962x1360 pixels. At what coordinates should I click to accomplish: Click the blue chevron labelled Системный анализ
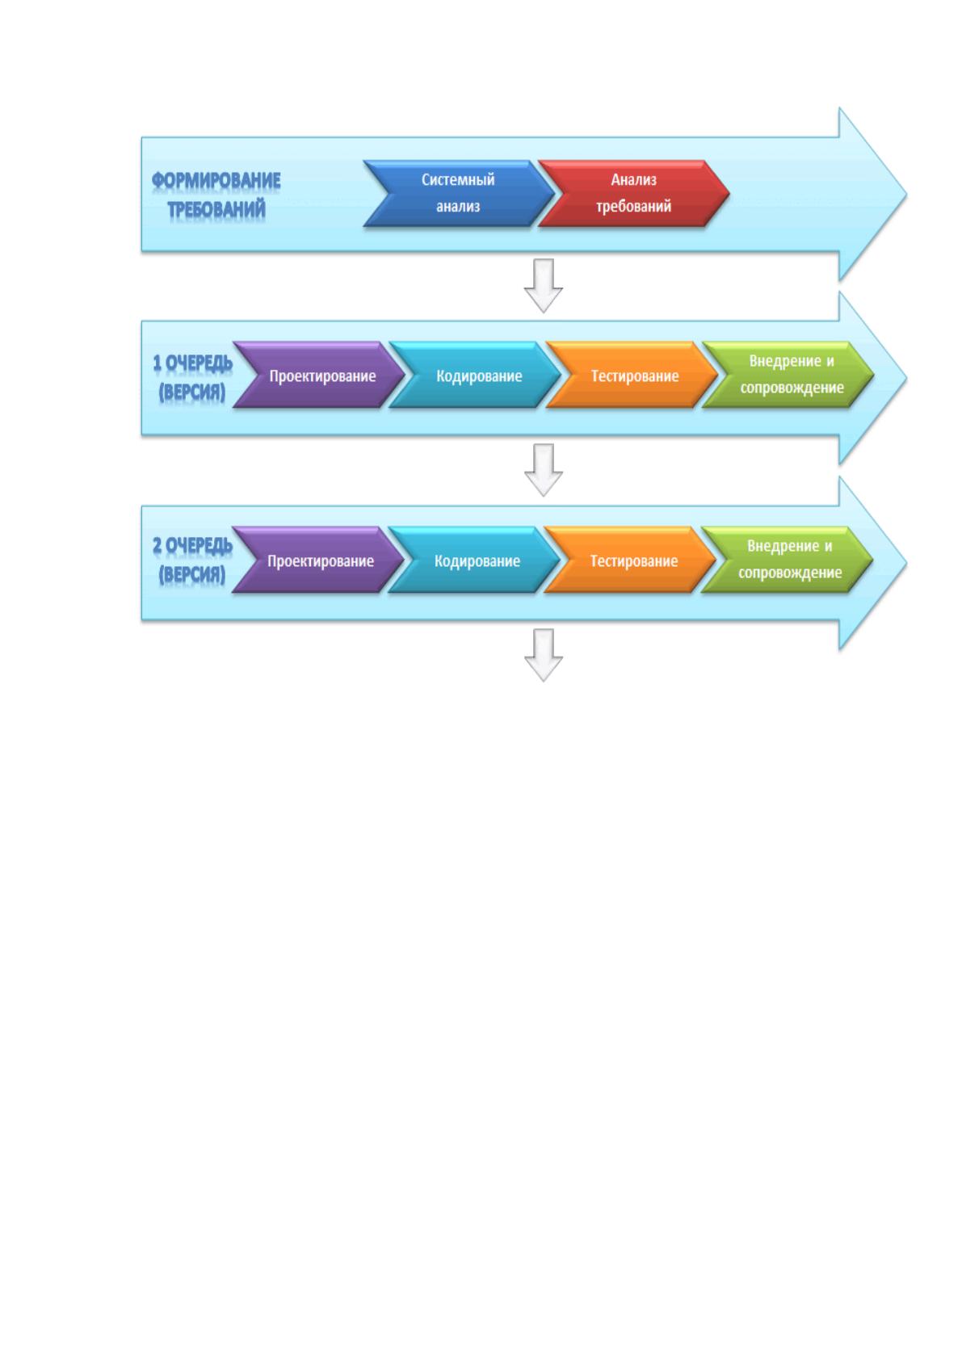(459, 193)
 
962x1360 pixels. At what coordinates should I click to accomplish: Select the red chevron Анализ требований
(633, 193)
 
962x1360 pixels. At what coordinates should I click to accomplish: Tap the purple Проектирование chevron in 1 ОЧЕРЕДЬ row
(319, 375)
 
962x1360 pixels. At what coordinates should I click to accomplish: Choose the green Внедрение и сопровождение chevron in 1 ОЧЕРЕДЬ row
(788, 375)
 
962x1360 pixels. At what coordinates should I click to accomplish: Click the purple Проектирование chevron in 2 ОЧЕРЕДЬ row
(317, 560)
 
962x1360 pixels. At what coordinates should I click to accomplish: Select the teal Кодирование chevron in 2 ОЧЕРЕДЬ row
(473, 560)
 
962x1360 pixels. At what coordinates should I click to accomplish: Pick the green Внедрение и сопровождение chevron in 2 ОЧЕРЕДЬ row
(787, 560)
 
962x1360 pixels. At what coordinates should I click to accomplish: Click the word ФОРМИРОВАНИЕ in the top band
(216, 180)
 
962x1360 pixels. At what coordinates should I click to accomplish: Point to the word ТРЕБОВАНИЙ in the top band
(216, 209)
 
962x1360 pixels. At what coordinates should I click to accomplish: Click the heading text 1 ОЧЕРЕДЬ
(192, 363)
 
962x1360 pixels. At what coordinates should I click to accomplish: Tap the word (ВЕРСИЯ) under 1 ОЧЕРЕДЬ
(192, 392)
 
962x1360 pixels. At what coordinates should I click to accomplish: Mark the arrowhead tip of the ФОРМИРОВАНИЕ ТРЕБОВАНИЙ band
(907, 195)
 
